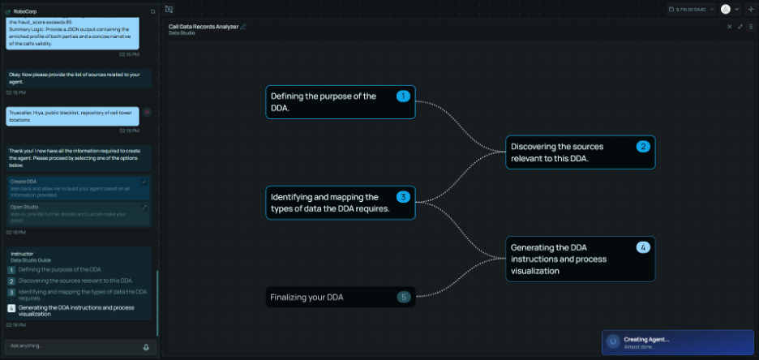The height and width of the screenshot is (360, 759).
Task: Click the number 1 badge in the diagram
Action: [403, 96]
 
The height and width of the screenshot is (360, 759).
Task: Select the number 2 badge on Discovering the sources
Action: [642, 147]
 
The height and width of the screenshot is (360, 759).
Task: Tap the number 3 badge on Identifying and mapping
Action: [403, 197]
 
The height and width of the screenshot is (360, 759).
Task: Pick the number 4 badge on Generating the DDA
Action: [642, 247]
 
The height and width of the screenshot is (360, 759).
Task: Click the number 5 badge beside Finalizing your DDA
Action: [403, 298]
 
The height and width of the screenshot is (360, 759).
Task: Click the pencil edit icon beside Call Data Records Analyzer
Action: [243, 27]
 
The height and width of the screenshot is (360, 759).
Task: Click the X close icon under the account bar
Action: [729, 27]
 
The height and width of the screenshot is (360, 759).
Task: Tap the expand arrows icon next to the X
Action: [740, 27]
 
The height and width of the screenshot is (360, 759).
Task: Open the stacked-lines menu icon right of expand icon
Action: [750, 27]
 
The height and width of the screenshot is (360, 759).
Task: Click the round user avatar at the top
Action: [725, 9]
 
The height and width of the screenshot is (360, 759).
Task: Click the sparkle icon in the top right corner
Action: [750, 9]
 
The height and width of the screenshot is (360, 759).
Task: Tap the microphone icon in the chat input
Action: [146, 346]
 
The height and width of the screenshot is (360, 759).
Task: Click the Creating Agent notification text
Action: [646, 339]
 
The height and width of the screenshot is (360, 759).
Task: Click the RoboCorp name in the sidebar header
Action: [26, 11]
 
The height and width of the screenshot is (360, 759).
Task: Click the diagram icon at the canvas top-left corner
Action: [169, 9]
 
